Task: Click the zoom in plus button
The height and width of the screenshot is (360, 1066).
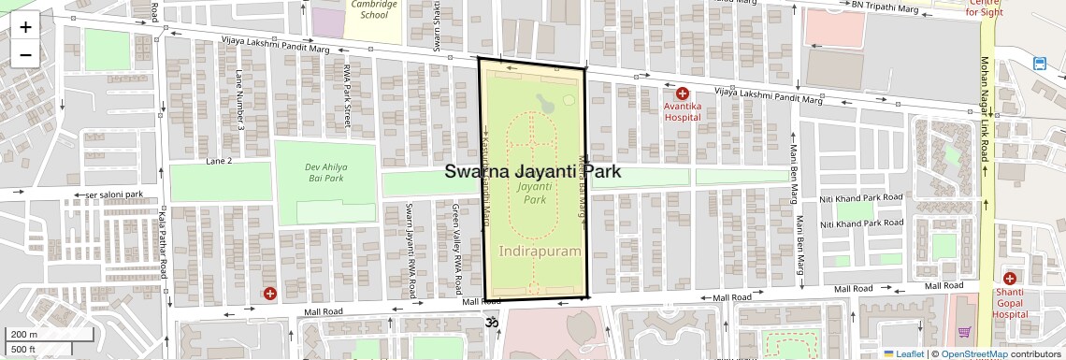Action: tap(25, 26)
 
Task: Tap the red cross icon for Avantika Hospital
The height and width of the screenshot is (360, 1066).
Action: tap(683, 94)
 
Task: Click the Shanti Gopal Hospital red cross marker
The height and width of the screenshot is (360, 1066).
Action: tap(1010, 279)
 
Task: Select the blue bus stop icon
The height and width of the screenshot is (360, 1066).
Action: tap(1040, 64)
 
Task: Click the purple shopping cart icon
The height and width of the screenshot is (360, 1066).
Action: tap(964, 333)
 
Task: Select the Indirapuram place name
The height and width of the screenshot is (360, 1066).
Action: tap(540, 252)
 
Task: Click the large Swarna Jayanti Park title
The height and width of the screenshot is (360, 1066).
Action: tap(533, 172)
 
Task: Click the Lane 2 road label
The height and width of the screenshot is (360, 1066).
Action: tap(219, 161)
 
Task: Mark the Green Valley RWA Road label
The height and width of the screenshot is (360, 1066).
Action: tap(455, 245)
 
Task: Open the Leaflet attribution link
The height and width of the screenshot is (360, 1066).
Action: tap(903, 353)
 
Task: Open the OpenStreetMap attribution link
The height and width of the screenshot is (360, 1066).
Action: tap(973, 353)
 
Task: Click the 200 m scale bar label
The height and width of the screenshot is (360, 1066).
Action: tap(23, 335)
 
